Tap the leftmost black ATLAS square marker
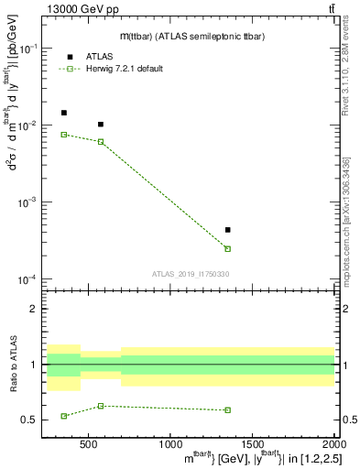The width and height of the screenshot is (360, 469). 63,113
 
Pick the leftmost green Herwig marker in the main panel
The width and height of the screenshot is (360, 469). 63,135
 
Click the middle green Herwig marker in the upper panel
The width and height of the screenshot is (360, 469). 101,141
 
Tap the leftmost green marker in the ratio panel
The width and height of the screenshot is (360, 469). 63,416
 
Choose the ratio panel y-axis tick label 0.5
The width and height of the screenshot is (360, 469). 30,420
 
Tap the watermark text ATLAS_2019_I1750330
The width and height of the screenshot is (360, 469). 190,274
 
